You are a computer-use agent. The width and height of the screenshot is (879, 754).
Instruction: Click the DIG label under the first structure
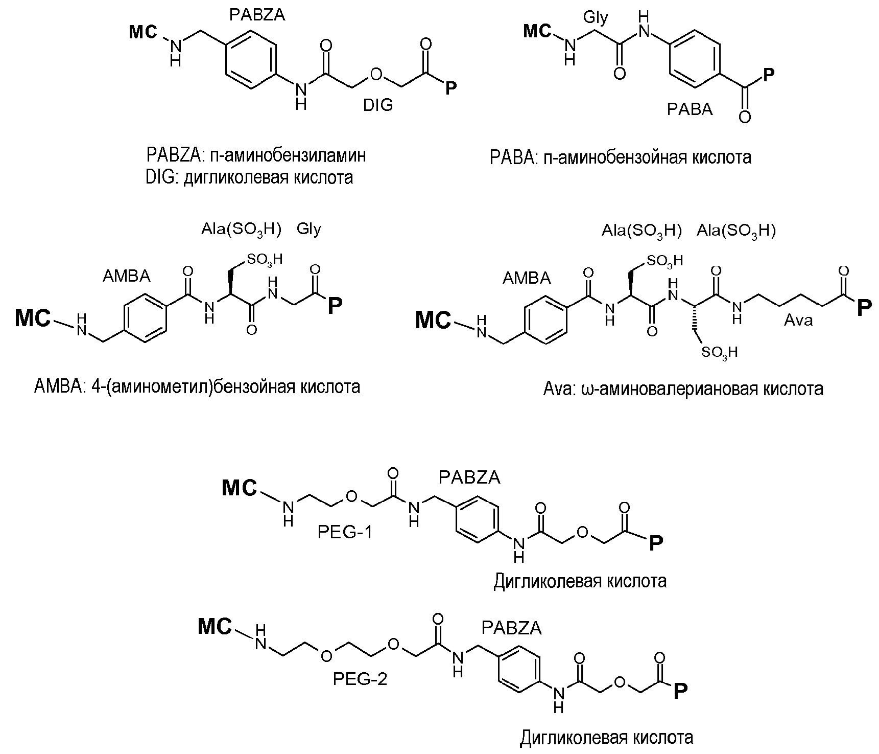coord(378,105)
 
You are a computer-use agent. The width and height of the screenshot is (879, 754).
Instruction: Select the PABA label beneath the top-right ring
coord(690,109)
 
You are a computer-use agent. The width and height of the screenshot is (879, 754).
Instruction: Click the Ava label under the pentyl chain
coord(798,320)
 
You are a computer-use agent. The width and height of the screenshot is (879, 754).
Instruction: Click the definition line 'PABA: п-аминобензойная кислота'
coord(620,157)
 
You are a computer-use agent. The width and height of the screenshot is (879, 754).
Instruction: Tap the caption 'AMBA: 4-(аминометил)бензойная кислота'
coord(197,386)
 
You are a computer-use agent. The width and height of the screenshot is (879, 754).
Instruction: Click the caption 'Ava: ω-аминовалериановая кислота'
coord(683,389)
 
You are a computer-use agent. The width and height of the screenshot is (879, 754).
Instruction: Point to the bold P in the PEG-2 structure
coord(680,692)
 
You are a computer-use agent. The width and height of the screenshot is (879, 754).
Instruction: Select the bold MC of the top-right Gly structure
coord(538,32)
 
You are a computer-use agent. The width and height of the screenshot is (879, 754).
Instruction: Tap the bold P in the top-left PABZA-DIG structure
coord(450,88)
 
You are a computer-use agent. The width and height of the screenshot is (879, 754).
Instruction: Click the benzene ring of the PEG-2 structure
coord(518,669)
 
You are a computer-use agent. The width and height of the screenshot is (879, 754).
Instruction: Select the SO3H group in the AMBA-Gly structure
coord(264,259)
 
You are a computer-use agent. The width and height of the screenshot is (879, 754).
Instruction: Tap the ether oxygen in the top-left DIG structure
coord(376,74)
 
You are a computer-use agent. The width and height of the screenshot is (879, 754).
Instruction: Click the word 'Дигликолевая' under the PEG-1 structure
coord(548,581)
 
